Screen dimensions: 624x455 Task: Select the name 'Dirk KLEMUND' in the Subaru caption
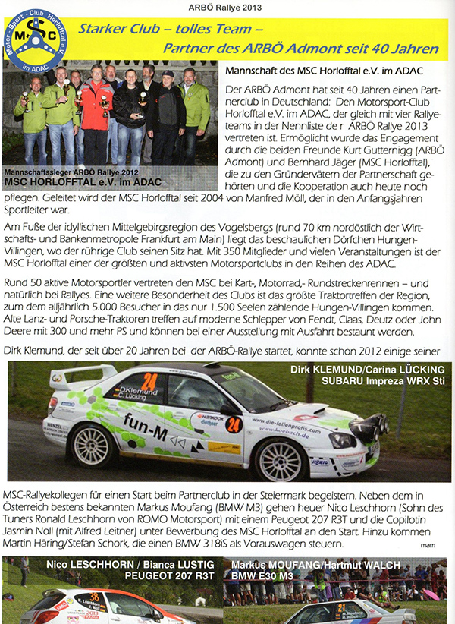pos(326,370)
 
